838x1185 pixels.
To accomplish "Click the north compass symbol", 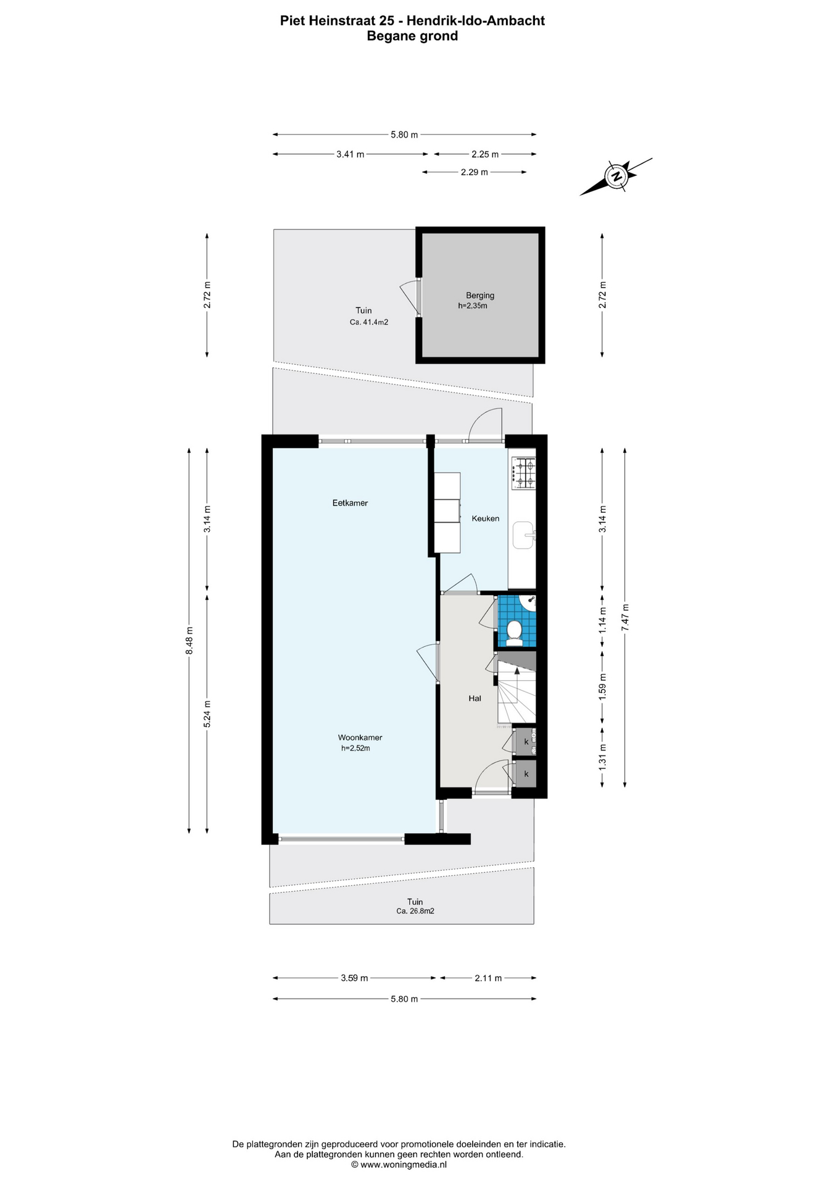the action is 616,177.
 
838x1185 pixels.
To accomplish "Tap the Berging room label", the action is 480,296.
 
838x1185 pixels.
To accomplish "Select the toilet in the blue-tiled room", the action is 514,632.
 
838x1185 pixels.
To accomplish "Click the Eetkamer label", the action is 350,503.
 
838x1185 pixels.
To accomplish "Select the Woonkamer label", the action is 360,738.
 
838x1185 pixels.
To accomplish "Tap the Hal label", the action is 475,699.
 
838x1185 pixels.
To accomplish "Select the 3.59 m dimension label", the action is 354,978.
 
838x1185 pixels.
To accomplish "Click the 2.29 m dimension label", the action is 475,172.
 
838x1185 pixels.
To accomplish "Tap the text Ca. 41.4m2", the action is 369,322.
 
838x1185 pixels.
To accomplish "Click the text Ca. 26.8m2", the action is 415,911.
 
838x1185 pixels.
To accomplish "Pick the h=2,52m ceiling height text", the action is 355,749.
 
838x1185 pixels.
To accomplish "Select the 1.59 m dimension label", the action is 603,686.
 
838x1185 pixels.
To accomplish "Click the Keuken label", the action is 486,518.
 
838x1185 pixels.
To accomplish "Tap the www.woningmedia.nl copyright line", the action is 399,1165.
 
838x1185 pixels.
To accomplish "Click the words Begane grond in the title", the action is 412,36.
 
